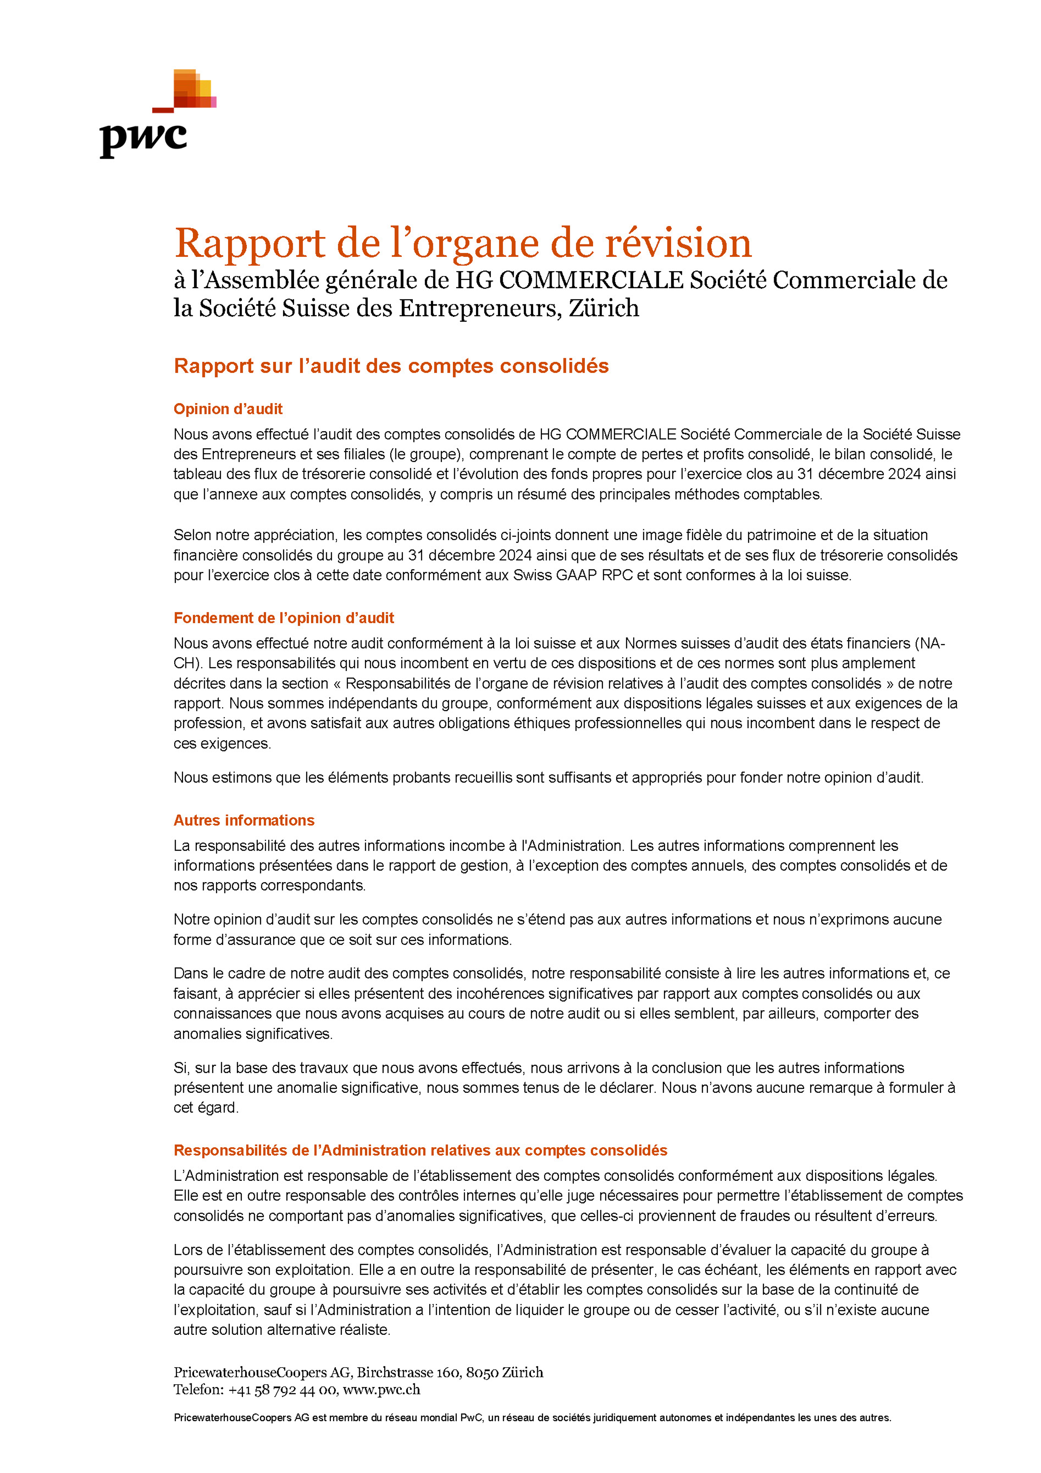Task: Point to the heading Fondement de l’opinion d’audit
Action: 284,618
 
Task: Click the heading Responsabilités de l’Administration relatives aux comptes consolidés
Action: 420,1150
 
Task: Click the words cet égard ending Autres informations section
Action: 205,1108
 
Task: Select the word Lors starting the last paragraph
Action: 187,1250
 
